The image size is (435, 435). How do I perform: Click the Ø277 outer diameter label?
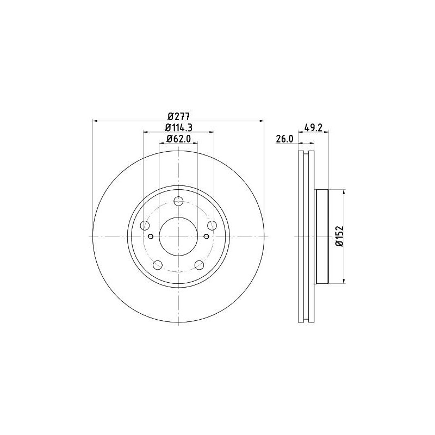pyautogui.click(x=178, y=116)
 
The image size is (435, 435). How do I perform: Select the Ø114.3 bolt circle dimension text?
pyautogui.click(x=179, y=127)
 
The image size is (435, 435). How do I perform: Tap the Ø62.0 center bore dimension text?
pyautogui.click(x=178, y=139)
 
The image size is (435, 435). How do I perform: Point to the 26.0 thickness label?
pyautogui.click(x=284, y=139)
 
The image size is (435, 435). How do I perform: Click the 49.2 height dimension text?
pyautogui.click(x=314, y=128)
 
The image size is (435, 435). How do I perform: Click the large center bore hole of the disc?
pyautogui.click(x=178, y=237)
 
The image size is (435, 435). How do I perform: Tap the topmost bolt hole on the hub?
pyautogui.click(x=178, y=201)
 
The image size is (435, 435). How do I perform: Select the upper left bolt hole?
pyautogui.click(x=145, y=225)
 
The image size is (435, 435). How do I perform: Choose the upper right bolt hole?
pyautogui.click(x=213, y=225)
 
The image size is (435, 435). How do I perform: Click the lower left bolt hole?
pyautogui.click(x=158, y=265)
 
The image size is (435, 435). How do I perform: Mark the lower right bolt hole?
pyautogui.click(x=200, y=265)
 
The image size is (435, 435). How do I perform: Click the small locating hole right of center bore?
pyautogui.click(x=206, y=237)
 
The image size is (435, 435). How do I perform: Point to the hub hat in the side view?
pyautogui.click(x=322, y=237)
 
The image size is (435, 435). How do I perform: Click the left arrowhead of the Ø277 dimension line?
pyautogui.click(x=96, y=120)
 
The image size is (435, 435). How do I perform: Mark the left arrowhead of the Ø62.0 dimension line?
pyautogui.click(x=161, y=143)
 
